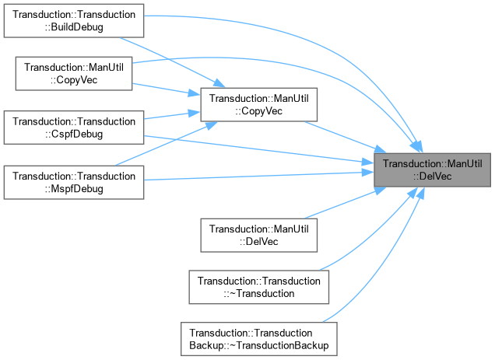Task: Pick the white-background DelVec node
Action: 259,234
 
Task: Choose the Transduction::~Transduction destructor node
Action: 259,287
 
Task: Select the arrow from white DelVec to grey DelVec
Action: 342,204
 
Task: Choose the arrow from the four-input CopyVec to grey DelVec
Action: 342,136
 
